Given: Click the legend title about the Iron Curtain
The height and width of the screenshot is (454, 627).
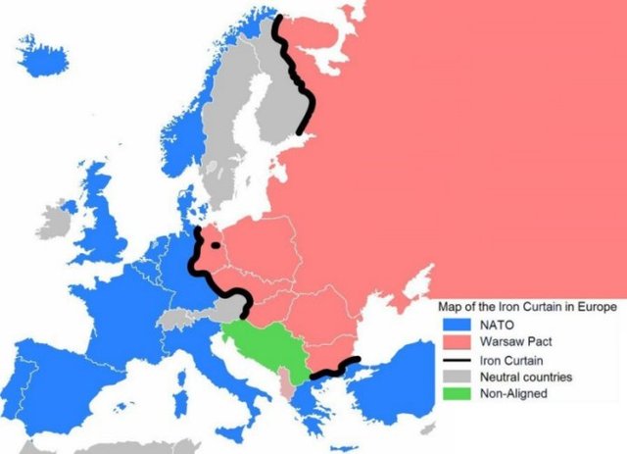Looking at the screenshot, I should [x=526, y=307].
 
